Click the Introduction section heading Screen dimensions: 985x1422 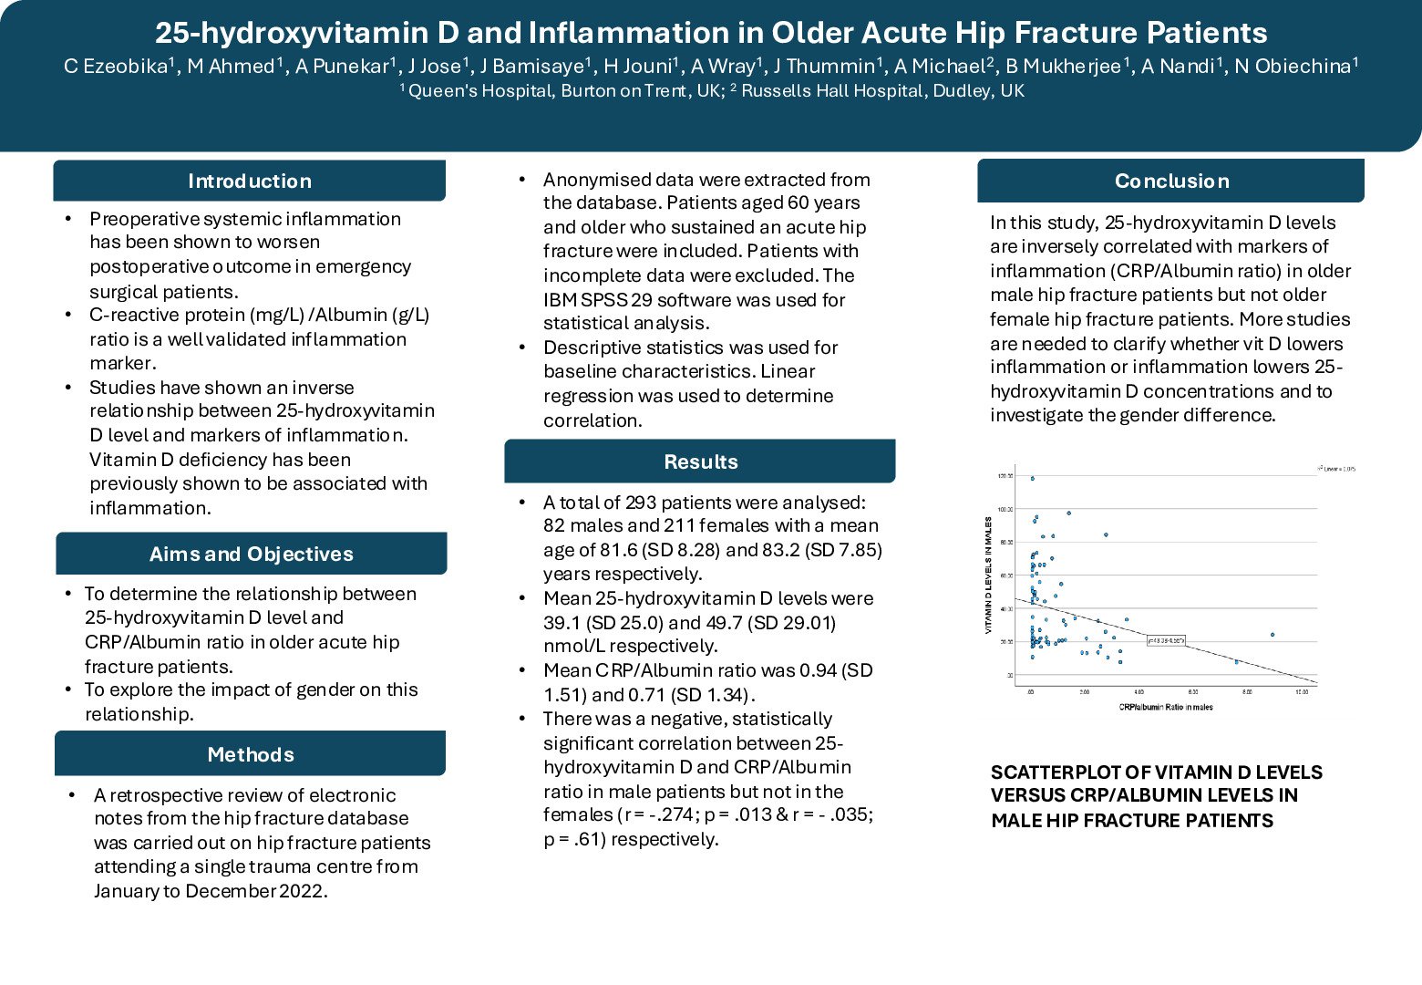[x=249, y=181]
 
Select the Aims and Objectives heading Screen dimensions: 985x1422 [x=251, y=554]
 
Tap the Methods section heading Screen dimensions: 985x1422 [x=251, y=754]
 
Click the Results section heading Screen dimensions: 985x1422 [x=700, y=461]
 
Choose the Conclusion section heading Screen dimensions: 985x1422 [x=1171, y=181]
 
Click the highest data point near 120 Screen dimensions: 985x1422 [x=1032, y=479]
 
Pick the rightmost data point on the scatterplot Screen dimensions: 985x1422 [x=1273, y=635]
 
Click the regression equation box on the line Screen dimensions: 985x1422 [x=1166, y=641]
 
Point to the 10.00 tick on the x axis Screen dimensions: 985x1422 [x=1302, y=692]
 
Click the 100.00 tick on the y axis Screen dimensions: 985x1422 [x=1005, y=509]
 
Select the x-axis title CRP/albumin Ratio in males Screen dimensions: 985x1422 [x=1166, y=707]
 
